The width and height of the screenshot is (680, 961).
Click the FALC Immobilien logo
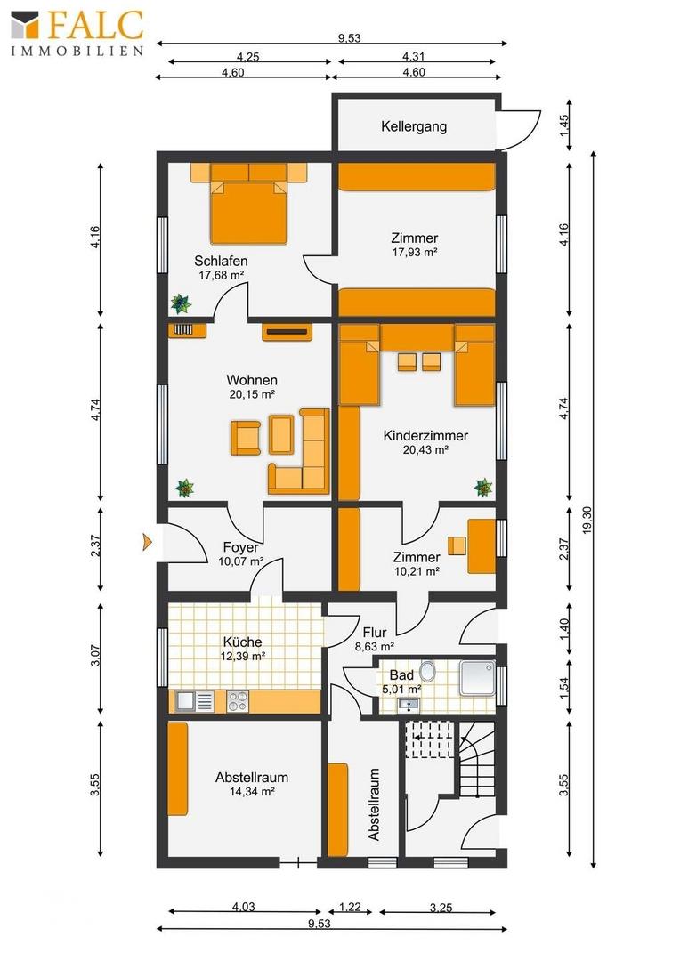(77, 33)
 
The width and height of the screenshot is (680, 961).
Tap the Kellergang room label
(414, 127)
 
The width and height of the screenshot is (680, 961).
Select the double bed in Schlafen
(249, 204)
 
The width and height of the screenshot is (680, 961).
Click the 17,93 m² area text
(415, 252)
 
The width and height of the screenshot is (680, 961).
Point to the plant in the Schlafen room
(181, 303)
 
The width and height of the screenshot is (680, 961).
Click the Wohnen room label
(252, 380)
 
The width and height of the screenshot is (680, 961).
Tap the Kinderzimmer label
(425, 436)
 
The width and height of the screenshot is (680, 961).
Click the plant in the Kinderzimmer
(483, 488)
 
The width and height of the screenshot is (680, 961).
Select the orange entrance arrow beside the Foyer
(147, 541)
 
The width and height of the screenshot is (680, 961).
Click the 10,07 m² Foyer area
(241, 561)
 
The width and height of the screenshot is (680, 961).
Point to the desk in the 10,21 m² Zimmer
(482, 546)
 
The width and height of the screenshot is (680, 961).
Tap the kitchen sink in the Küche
(194, 701)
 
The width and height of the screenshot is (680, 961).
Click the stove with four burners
(238, 701)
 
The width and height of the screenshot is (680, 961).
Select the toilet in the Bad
(428, 671)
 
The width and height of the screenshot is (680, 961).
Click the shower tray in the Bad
(478, 678)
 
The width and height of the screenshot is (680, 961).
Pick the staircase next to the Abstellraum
(478, 759)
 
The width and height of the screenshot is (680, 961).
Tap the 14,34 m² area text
(251, 791)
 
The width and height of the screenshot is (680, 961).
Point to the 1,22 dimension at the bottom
(350, 907)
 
